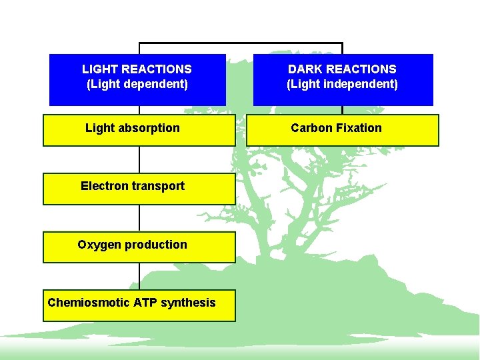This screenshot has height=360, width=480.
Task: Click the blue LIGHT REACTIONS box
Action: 137,80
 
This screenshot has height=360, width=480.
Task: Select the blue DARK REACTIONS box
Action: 343,80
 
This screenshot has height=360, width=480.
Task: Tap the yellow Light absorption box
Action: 139,130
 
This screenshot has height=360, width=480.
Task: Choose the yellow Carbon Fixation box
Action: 343,130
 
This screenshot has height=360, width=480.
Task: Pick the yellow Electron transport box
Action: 139,189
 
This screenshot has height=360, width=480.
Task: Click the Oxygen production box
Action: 139,247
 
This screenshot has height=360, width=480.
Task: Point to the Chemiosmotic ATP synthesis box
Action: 139,305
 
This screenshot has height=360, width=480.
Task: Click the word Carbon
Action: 310,128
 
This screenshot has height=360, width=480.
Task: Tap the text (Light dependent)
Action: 137,85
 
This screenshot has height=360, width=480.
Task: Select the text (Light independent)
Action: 343,85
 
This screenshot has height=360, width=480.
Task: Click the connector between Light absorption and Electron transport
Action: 139,160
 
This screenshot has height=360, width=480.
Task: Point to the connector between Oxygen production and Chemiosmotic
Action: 139,276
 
